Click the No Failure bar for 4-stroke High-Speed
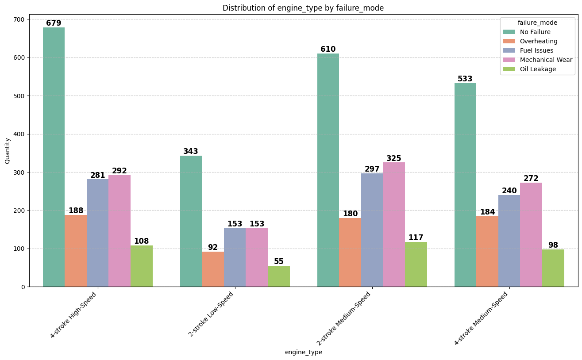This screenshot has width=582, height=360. pos(54,157)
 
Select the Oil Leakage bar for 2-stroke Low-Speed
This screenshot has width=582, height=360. pos(279,276)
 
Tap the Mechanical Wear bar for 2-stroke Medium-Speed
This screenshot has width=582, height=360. pos(394,224)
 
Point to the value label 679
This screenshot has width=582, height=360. pos(54,23)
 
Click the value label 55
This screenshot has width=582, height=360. pos(279,261)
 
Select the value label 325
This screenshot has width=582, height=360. pos(394,158)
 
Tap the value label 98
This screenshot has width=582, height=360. pos(553,245)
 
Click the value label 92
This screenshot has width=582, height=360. pos(213,247)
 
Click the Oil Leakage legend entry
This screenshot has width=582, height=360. pos(538,69)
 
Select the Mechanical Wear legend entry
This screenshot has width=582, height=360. pos(546,60)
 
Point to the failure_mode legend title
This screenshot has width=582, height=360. pos(537,23)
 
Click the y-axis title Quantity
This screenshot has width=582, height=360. pos(7,150)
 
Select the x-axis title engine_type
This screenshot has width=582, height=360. pos(304,352)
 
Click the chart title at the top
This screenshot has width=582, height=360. pos(303,8)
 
